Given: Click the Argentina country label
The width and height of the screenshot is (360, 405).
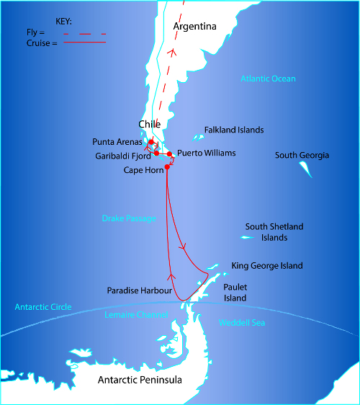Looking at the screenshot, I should (x=195, y=27).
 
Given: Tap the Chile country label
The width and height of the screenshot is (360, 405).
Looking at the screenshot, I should (x=149, y=125).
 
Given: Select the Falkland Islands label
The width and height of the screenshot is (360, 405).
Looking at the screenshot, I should (x=233, y=130).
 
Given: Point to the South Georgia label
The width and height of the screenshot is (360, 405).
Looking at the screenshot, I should (x=302, y=156).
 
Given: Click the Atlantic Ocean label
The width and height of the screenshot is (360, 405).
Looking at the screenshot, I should (x=268, y=79).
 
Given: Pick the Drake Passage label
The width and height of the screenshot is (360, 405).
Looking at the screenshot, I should (x=129, y=218).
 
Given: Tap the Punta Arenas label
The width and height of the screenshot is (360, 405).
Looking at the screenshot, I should (x=119, y=141).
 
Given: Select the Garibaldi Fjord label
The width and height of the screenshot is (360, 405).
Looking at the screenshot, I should (x=122, y=156).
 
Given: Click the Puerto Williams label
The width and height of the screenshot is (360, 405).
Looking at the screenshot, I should (x=206, y=153).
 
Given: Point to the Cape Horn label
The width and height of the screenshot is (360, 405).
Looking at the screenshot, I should (x=143, y=170).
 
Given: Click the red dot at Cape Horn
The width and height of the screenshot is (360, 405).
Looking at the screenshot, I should (x=167, y=167).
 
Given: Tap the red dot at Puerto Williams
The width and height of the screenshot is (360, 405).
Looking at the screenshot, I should (x=169, y=154).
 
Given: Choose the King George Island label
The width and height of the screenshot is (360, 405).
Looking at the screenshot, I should (x=267, y=266).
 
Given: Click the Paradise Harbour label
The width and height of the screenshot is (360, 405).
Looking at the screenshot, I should (x=140, y=291).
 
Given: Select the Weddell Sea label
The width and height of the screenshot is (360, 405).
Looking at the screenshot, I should (x=242, y=323).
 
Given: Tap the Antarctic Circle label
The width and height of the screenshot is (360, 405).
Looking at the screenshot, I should (x=43, y=308).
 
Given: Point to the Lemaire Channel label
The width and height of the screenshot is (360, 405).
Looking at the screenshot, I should (x=136, y=315).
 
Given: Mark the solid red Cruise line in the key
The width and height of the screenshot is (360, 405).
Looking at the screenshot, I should (x=85, y=43).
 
